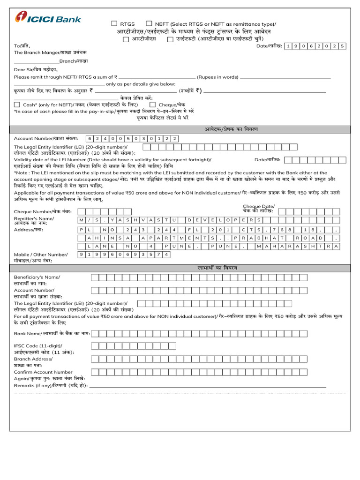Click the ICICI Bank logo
click(x=48, y=18)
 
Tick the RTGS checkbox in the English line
click(x=114, y=23)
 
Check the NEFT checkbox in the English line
click(x=149, y=23)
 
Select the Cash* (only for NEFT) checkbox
click(x=17, y=105)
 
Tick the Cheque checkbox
click(x=153, y=105)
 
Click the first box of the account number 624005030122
click(x=90, y=139)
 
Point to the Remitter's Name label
click(x=34, y=219)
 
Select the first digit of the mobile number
click(x=82, y=254)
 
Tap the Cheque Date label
click(x=258, y=206)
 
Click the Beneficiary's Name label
click(x=37, y=277)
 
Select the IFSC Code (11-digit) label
click(x=37, y=345)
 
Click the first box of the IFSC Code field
click(x=95, y=346)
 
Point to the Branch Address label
click(x=33, y=359)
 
